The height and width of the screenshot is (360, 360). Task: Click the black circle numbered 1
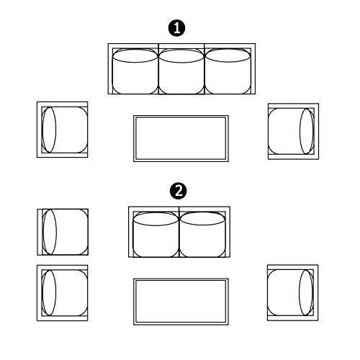(176, 28)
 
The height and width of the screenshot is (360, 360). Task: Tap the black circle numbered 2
(179, 192)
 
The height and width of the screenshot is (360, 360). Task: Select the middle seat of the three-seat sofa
(181, 71)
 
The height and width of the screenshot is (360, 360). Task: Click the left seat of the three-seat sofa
(135, 71)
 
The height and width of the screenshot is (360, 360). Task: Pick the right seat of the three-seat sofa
(228, 71)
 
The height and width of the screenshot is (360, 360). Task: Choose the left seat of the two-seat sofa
(156, 235)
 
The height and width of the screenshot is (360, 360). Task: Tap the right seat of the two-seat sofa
(202, 235)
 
